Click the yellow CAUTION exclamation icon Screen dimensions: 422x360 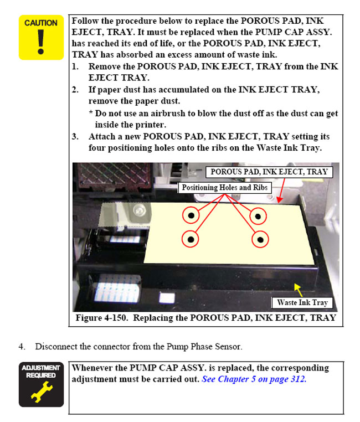tap(41, 37)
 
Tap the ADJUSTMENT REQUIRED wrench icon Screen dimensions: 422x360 tap(41, 384)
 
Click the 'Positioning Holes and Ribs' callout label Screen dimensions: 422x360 tap(225, 188)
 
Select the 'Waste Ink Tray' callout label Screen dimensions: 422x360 tap(302, 302)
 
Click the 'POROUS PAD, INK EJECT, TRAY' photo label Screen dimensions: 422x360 tap(269, 172)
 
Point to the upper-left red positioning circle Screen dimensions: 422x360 tap(191, 215)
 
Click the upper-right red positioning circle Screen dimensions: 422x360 tap(259, 215)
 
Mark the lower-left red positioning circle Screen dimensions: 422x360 tap(191, 239)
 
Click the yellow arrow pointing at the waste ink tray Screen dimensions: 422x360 tap(298, 289)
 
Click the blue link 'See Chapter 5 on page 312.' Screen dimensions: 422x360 tap(254, 379)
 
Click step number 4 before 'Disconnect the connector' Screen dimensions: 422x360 tap(22, 347)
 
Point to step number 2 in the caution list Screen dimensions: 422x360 tap(75, 89)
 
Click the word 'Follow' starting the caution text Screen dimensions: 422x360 tap(85, 20)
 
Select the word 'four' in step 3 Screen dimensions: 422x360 tap(99, 148)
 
